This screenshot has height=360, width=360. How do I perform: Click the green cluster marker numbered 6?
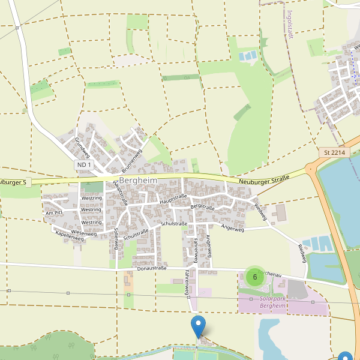tap(255, 277)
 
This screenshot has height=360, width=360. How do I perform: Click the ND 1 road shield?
tap(84, 164)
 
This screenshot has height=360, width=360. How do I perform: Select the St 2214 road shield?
tap(334, 152)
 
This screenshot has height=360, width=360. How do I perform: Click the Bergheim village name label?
tap(137, 180)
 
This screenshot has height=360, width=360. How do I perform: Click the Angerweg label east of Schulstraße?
tap(233, 229)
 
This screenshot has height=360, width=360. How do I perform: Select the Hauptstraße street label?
tap(173, 200)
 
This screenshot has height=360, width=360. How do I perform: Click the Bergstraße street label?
tap(202, 206)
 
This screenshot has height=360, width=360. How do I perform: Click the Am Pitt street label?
tap(54, 213)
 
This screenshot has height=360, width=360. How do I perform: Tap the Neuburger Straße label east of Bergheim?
tap(263, 179)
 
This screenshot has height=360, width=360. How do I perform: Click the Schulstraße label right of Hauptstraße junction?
tap(174, 224)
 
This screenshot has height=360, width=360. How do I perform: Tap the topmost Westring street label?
tap(91, 198)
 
